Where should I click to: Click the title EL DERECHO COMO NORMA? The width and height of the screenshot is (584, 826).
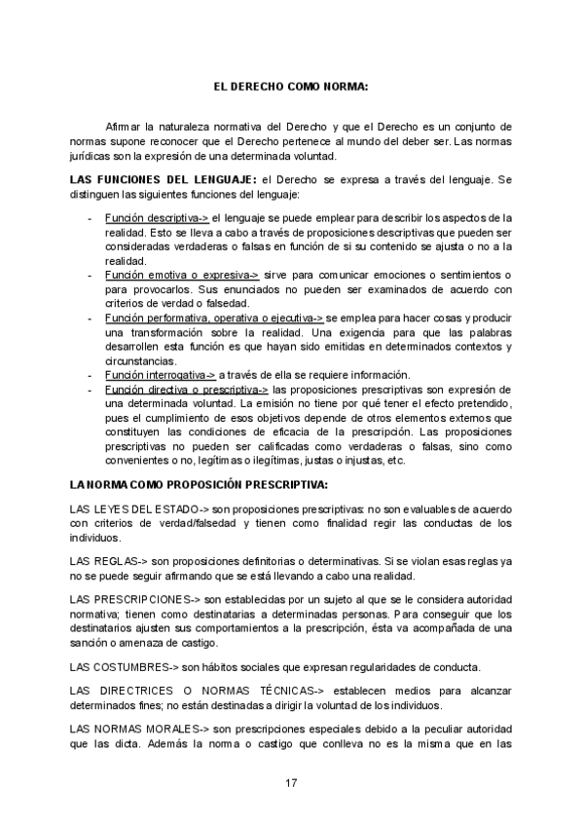click(x=291, y=87)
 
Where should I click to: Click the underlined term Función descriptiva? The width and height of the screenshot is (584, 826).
click(x=156, y=217)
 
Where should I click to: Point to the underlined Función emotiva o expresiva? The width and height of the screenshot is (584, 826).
click(x=181, y=276)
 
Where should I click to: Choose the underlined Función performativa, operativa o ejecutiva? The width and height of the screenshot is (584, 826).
click(x=214, y=319)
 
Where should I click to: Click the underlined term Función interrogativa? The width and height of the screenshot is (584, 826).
click(x=160, y=375)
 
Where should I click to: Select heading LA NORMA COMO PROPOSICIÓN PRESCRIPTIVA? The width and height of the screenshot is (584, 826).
click(x=199, y=484)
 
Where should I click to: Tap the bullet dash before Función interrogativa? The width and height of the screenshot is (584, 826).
click(x=90, y=375)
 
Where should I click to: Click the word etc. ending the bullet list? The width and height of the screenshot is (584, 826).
click(x=395, y=461)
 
